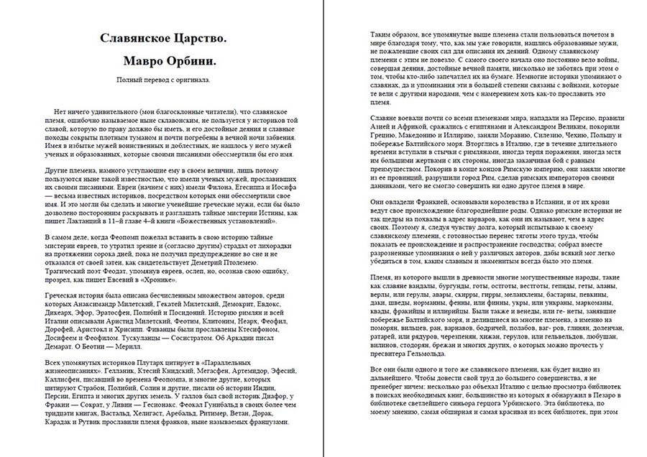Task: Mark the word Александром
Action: pyautogui.click(x=528, y=124)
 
